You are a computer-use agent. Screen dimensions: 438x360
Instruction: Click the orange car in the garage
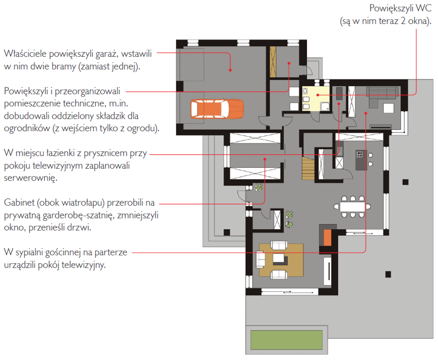217,109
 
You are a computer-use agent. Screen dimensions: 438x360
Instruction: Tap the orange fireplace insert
327,237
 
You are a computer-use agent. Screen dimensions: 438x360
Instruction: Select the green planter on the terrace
287,340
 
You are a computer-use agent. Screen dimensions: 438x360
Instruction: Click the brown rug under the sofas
281,260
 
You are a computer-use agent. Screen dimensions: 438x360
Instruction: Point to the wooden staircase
308,168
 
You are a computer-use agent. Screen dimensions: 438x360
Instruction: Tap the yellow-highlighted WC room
316,98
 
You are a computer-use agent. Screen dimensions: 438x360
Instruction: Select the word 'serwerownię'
30,178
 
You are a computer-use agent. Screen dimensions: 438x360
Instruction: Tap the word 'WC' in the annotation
424,8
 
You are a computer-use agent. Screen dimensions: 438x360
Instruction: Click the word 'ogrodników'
27,129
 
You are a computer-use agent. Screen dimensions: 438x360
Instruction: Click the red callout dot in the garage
230,70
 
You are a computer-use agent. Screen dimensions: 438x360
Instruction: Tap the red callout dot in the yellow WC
317,95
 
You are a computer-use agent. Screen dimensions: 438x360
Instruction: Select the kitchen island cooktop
359,154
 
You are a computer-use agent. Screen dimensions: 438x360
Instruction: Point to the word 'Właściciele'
25,54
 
